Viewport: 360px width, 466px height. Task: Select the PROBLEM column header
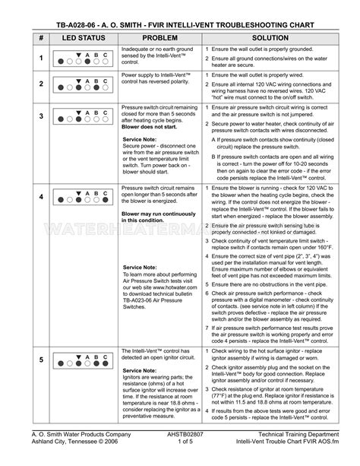[x=159, y=37]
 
